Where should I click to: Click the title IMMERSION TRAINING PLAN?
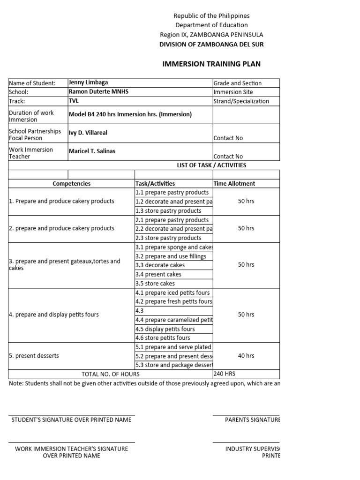click(211, 64)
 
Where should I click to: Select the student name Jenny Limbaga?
click(89, 82)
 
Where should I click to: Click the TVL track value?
click(74, 101)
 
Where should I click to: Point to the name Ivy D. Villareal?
click(88, 133)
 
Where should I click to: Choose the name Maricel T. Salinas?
click(93, 151)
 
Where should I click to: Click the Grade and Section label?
click(238, 83)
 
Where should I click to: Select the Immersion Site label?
click(234, 92)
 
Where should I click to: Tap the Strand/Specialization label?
click(241, 101)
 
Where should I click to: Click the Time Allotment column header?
click(234, 184)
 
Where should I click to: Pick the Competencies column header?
click(72, 184)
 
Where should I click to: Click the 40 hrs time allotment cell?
click(246, 356)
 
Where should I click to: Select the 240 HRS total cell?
click(224, 374)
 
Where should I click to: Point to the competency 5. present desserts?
click(34, 356)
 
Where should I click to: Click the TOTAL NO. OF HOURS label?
click(111, 374)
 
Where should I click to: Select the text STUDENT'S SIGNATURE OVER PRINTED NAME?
click(72, 420)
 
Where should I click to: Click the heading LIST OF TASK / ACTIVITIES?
click(211, 165)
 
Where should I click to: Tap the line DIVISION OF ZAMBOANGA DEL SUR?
click(211, 45)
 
